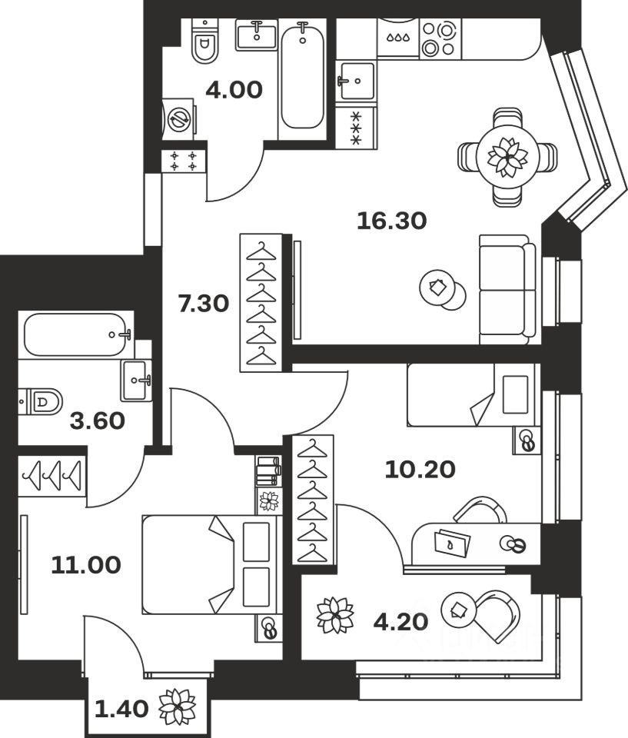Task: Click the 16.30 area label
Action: [x=391, y=221]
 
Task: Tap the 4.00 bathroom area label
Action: [x=234, y=91]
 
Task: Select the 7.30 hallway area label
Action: [x=203, y=304]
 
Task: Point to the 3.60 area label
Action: [x=97, y=421]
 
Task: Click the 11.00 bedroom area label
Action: [x=85, y=566]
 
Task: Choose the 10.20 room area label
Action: [x=420, y=467]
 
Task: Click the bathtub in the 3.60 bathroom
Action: [x=77, y=334]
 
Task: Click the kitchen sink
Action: [x=356, y=79]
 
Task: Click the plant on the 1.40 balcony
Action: [x=177, y=706]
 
